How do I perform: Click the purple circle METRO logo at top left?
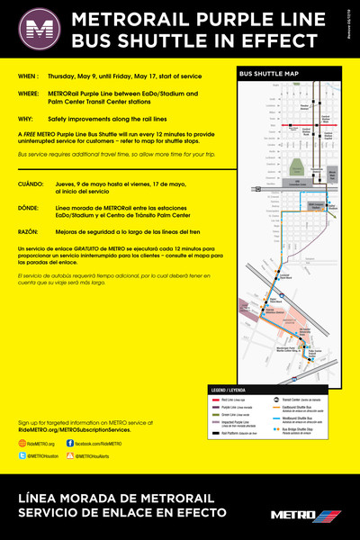[x=36, y=29]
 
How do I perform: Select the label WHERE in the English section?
[x=30, y=93]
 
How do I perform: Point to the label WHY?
[x=26, y=117]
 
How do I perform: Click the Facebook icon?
[x=70, y=444]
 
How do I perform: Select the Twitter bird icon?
[x=22, y=456]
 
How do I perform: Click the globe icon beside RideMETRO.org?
[x=22, y=444]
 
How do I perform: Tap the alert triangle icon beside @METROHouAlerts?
[x=70, y=456]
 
